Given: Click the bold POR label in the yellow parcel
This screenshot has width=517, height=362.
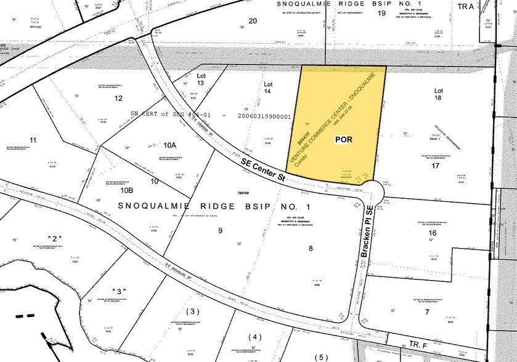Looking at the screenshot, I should coord(344,140).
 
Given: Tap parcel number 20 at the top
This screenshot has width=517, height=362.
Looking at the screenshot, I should coord(252,21).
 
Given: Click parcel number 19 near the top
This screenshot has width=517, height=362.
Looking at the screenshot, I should coord(381,13).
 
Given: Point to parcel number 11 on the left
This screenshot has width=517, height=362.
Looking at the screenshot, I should coord(33,140).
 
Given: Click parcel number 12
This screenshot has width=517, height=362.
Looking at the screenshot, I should coord(118,99).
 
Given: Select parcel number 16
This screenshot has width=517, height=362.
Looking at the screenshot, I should coord(432,234).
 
